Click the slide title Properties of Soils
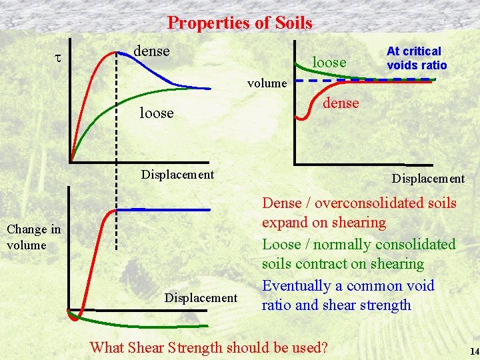click(x=239, y=23)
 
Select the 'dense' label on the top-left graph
click(x=152, y=51)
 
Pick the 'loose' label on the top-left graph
click(x=156, y=113)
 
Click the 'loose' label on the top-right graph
click(x=329, y=62)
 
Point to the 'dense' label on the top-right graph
click(x=341, y=103)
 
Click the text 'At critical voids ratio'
click(x=417, y=58)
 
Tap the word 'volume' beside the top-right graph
click(x=267, y=84)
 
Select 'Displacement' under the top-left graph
click(x=177, y=175)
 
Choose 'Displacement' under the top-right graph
click(x=428, y=179)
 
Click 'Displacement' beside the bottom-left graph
click(x=201, y=297)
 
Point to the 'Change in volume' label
click(x=33, y=237)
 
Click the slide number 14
click(x=474, y=351)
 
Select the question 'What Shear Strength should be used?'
click(x=209, y=347)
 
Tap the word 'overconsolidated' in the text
click(x=385, y=203)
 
